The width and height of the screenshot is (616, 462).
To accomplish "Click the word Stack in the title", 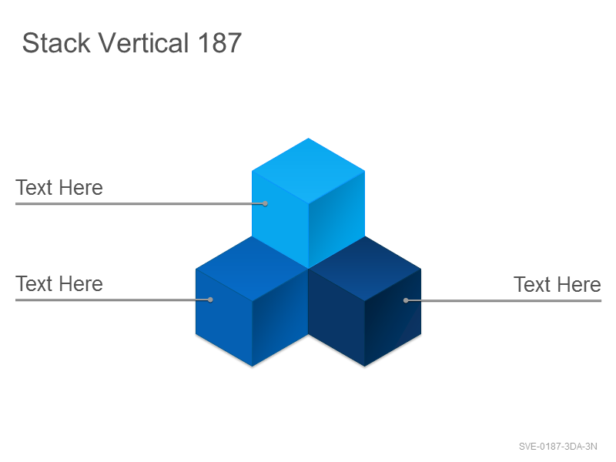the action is [x=56, y=42].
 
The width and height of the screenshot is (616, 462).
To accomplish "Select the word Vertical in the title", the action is [x=143, y=42].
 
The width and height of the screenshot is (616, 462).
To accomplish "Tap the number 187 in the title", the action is [x=219, y=42].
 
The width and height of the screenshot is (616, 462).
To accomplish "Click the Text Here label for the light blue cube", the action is [x=59, y=187].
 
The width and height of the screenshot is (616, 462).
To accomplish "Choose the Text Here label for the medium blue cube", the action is [x=59, y=283].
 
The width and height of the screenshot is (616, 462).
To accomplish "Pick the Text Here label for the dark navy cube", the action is [x=557, y=284].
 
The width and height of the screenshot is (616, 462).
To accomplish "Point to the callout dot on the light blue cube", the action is [x=265, y=203].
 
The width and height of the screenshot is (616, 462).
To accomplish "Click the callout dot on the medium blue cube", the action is [x=210, y=300].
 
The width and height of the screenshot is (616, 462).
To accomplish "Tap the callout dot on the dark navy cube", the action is [x=406, y=300].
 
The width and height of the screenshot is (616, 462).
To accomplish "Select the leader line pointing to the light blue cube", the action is [x=140, y=203].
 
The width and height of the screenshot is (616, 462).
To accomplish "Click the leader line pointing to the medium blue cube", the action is [x=112, y=300].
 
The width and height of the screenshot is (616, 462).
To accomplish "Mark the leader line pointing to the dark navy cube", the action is [x=504, y=300].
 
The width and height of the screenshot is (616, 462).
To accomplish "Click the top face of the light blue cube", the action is [x=309, y=171].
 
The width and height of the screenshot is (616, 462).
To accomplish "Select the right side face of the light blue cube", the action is [x=336, y=220].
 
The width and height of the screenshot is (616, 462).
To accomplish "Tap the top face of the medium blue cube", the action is [x=252, y=269].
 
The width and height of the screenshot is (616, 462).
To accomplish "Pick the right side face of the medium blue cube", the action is [x=280, y=317].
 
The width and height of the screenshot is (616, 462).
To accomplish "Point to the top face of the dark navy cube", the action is [x=364, y=269].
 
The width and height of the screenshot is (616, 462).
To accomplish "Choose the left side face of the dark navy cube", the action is [x=336, y=317].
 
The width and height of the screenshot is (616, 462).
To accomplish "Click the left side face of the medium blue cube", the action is [x=224, y=317].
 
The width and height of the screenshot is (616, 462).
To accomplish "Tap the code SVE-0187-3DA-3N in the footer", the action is [x=557, y=447].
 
